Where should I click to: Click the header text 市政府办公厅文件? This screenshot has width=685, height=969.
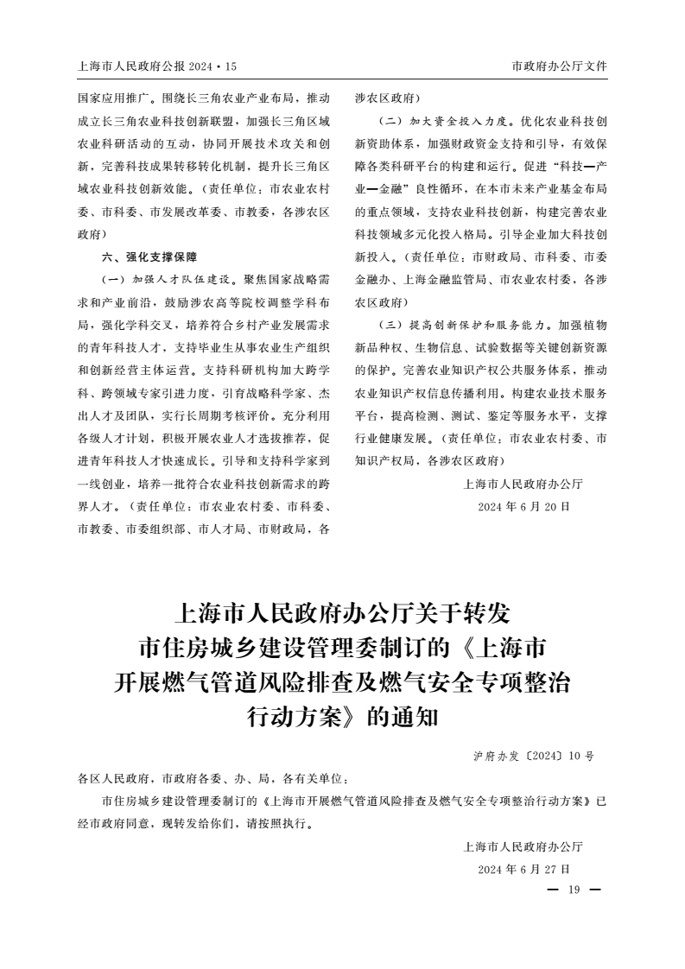point(559,66)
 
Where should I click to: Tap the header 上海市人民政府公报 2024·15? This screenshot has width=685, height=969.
point(156,66)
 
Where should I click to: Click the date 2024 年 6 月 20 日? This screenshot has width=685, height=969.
point(523,507)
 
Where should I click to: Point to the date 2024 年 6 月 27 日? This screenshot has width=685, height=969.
point(523,869)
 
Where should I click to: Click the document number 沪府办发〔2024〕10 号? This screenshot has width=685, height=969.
point(533,756)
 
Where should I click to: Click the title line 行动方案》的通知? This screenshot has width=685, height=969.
point(343,716)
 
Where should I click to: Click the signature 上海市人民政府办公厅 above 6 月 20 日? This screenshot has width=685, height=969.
point(523,484)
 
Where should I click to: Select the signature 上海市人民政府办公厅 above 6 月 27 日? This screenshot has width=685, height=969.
point(523,846)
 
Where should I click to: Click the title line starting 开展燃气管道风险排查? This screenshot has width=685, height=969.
point(343,682)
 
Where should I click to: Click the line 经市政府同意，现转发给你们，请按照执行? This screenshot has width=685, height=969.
point(195,823)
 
